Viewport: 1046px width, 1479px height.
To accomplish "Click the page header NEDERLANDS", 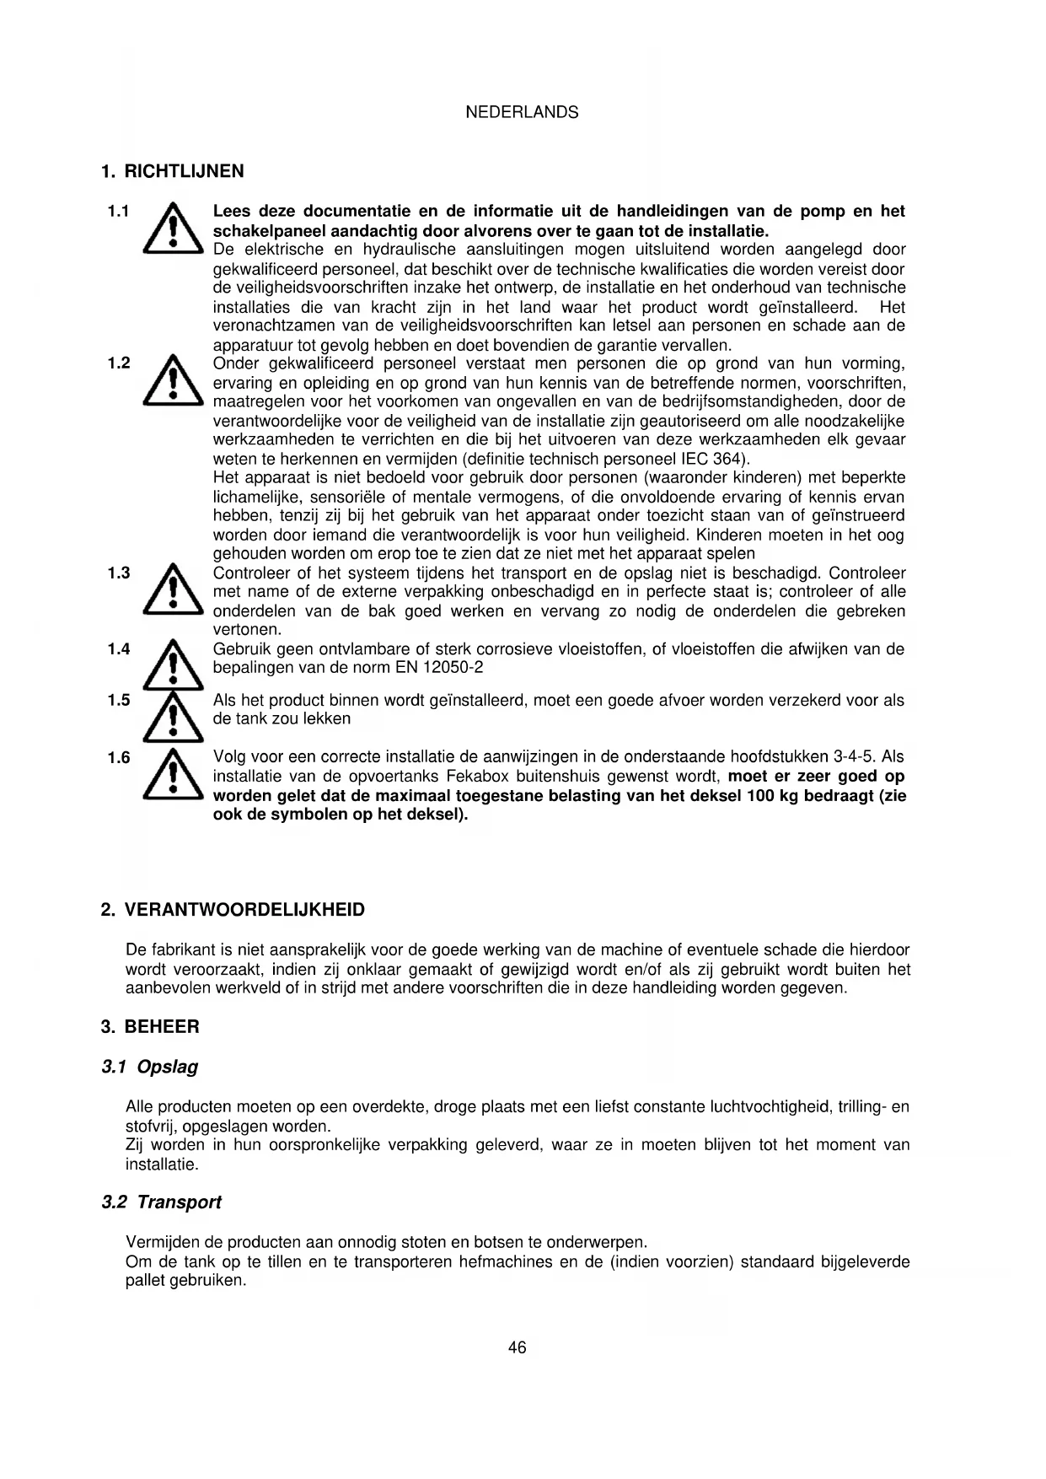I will (522, 112).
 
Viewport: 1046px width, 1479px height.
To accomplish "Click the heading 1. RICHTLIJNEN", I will (172, 171).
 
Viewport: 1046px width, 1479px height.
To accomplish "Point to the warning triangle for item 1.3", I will (174, 590).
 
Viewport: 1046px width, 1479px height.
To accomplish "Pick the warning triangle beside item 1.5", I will (174, 714).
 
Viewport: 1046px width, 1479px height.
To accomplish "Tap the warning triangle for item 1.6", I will (174, 775).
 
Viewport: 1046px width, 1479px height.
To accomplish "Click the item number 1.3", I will (118, 573).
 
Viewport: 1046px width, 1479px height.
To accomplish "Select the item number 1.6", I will (118, 757).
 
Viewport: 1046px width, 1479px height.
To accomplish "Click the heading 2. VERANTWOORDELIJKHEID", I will (233, 910).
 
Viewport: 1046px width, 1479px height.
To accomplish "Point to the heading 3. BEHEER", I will (150, 1027).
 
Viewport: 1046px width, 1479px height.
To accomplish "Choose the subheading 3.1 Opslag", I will (150, 1067).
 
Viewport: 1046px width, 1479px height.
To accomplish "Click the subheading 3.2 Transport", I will (161, 1202).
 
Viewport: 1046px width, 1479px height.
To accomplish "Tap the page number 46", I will (517, 1347).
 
